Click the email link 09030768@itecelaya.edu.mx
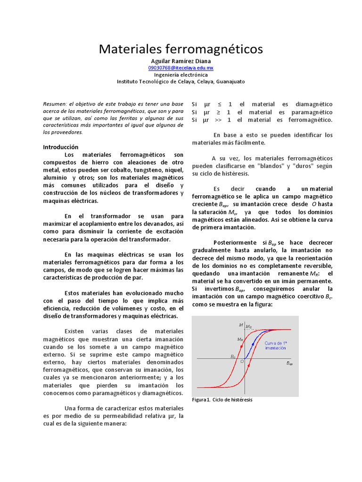(x=181, y=68)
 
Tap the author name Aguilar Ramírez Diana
(x=181, y=61)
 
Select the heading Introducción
(x=61, y=146)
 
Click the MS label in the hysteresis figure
(x=249, y=327)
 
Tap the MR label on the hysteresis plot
(x=240, y=339)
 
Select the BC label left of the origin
(x=233, y=357)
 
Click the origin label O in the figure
(x=242, y=361)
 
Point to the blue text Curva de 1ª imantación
(x=275, y=345)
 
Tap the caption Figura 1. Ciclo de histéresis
(x=222, y=400)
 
